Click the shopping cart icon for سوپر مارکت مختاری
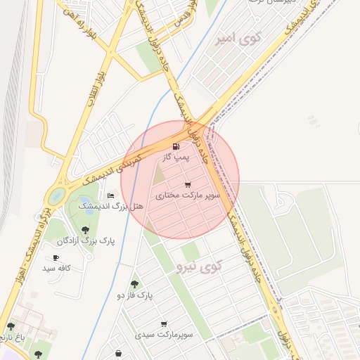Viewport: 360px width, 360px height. pyautogui.click(x=187, y=185)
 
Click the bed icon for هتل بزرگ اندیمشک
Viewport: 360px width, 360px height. pyautogui.click(x=110, y=195)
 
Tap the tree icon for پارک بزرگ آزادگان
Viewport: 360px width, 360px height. pyautogui.click(x=85, y=230)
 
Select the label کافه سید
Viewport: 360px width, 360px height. pyautogui.click(x=58, y=268)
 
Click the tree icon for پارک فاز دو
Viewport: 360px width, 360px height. pyautogui.click(x=134, y=284)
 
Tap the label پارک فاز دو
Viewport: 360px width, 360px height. pyautogui.click(x=134, y=295)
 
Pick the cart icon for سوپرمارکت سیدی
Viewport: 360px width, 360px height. pyautogui.click(x=164, y=324)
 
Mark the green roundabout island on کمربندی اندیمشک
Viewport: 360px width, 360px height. pyautogui.click(x=56, y=195)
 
